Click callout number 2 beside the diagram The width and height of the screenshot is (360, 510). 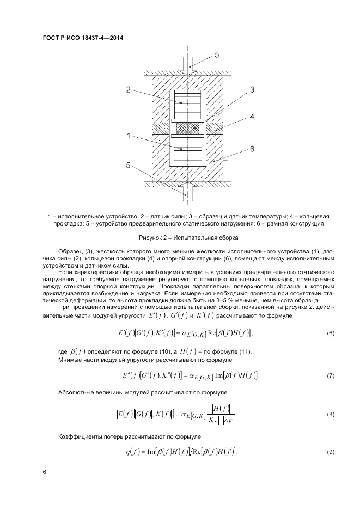tap(128, 89)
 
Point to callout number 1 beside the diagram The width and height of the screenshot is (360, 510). tap(128, 136)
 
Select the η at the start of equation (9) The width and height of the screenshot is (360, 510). tap(129, 453)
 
